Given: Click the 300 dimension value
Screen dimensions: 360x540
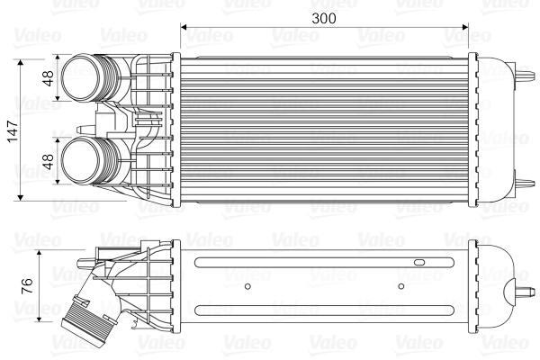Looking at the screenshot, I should coord(323,17).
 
